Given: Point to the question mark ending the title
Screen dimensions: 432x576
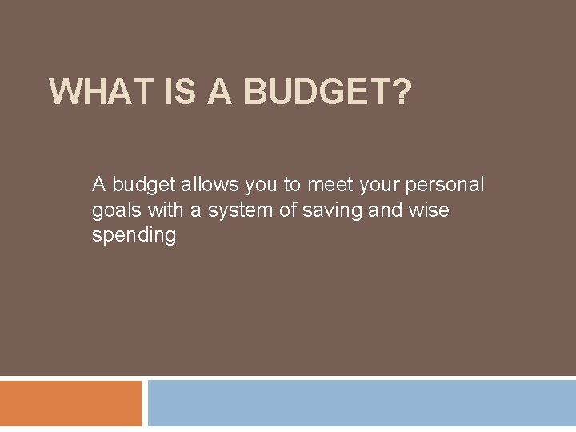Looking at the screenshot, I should [401, 92].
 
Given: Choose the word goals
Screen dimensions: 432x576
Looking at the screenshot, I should [115, 211].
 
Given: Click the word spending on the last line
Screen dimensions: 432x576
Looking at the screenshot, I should [134, 237].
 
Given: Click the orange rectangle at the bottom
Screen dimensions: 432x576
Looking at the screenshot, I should [70, 403].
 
